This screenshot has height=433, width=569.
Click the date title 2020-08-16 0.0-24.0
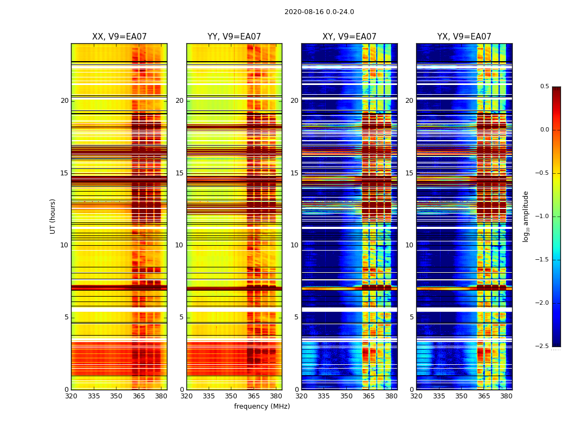coord(319,12)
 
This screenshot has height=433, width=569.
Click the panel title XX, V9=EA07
coord(119,37)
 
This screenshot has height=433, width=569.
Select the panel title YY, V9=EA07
coord(234,37)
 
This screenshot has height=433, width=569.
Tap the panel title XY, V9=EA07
coord(349,37)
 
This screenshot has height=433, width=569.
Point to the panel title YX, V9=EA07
coord(464,37)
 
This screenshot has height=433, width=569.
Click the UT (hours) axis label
coord(53,216)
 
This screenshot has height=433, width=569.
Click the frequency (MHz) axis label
coord(262,406)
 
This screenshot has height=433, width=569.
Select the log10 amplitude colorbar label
coord(526,216)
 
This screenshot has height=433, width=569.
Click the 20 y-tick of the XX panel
coord(64,101)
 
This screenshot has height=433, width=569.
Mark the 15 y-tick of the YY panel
coord(179,173)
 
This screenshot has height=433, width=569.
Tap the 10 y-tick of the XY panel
coord(294,245)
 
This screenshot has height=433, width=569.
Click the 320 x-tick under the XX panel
coord(71,396)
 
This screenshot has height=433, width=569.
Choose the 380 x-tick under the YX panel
coord(506,396)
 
